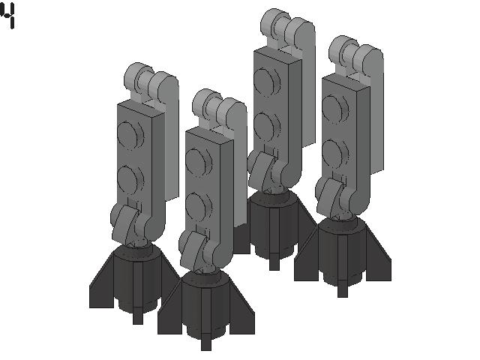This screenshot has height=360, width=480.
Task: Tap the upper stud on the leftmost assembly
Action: tap(130, 136)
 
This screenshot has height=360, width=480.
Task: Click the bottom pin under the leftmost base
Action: tap(137, 315)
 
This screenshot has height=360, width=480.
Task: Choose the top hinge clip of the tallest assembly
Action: tap(284, 27)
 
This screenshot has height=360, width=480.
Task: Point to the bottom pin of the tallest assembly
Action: tap(274, 263)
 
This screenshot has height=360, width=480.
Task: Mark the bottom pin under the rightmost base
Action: tap(343, 289)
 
